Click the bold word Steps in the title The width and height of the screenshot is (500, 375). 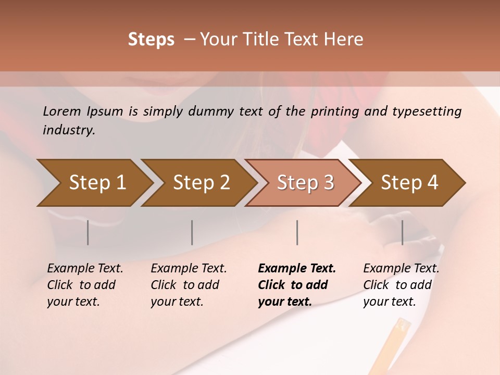[x=151, y=40]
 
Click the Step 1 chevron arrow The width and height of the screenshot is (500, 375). [x=94, y=183]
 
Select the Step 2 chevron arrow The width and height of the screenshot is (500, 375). [x=198, y=183]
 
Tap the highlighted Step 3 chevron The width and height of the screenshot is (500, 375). [x=303, y=183]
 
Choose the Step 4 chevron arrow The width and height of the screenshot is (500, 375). [x=407, y=183]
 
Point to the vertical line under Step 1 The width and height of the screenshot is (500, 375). [x=88, y=232]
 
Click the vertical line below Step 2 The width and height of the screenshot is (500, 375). [x=192, y=232]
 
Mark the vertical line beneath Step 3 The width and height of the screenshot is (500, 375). [x=297, y=232]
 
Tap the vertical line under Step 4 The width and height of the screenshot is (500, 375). [x=402, y=232]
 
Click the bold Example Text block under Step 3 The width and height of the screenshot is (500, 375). [x=297, y=285]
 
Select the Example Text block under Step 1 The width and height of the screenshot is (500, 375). [x=85, y=285]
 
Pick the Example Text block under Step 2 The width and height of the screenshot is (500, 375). [x=189, y=285]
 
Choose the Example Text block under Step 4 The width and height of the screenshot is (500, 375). [x=401, y=285]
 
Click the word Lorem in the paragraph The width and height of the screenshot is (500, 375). [x=62, y=111]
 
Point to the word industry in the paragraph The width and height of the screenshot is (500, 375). [x=69, y=130]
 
